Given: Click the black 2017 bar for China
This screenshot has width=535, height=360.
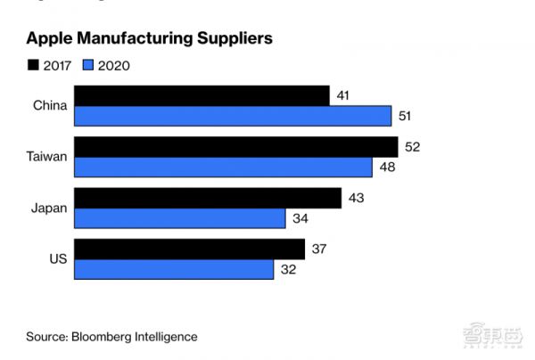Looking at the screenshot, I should pos(202,95).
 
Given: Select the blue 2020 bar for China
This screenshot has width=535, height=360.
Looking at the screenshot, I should pos(232,116).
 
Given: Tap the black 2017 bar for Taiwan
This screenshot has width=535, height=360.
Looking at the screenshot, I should pos(235,147).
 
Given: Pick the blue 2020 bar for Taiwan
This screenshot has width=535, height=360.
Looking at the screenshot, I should pos(223,167).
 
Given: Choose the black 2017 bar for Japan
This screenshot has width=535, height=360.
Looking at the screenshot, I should pos(207,198).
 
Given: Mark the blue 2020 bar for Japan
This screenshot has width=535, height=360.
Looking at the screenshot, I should pos(179,218).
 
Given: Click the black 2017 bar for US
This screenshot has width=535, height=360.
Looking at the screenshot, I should pos(189,249).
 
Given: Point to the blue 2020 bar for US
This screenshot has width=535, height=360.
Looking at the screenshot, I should pos(174,269).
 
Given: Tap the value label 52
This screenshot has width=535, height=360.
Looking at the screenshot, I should pos(412,147).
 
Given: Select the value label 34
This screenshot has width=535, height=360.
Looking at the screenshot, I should pos(300,218).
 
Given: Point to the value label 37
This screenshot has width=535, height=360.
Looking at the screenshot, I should pos(319,249).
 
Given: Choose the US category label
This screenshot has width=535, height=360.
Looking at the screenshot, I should pos(55,259).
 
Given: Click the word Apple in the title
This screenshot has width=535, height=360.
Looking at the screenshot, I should pos(50,39).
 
